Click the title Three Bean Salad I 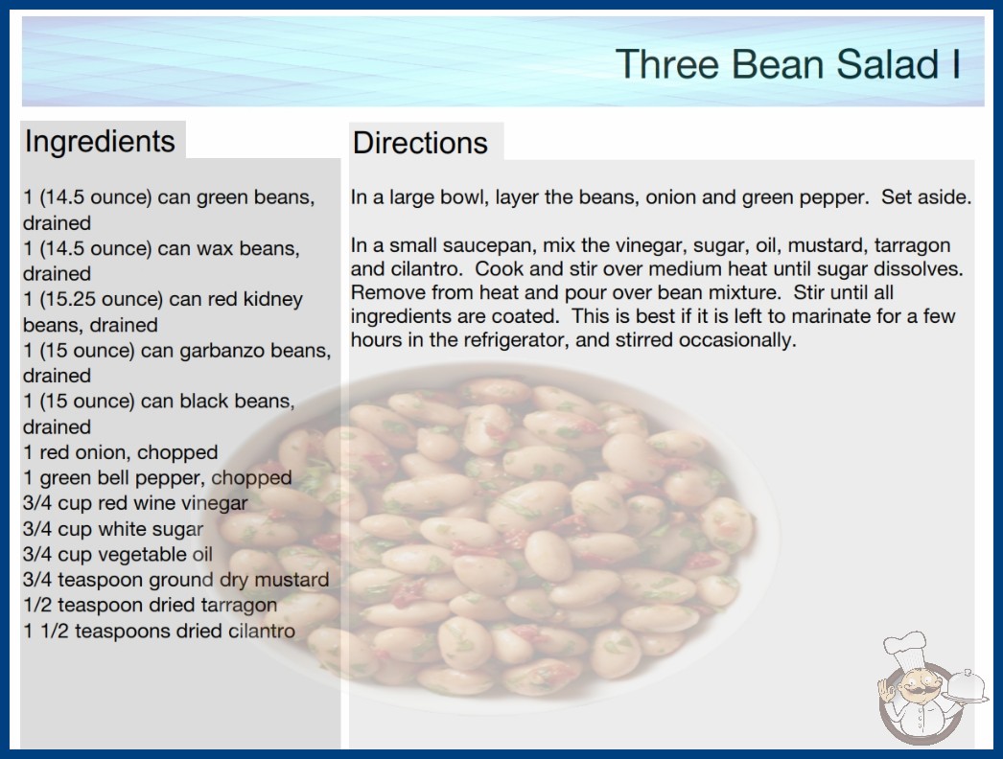(x=787, y=64)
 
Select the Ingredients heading (x=100, y=141)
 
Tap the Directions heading (x=420, y=143)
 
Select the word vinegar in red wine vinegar (x=214, y=504)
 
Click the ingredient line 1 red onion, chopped (x=120, y=452)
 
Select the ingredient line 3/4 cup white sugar (x=112, y=529)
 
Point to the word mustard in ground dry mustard (x=292, y=580)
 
